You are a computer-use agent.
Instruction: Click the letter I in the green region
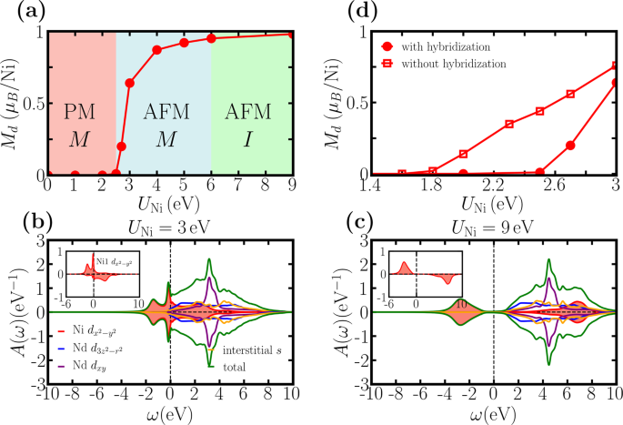(251, 140)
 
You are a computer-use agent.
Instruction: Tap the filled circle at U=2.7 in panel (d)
(570, 145)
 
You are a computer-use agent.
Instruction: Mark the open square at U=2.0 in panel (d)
(464, 154)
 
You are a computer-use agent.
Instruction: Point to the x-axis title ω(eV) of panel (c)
(492, 414)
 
